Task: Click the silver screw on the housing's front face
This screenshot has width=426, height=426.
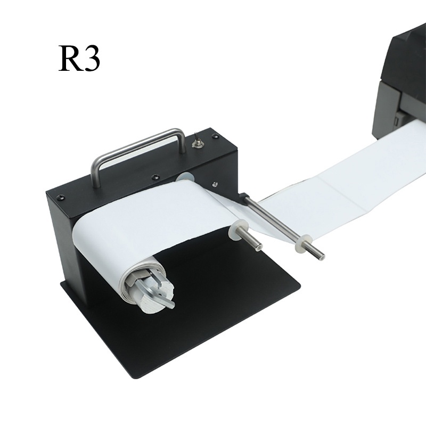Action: [x=215, y=184]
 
